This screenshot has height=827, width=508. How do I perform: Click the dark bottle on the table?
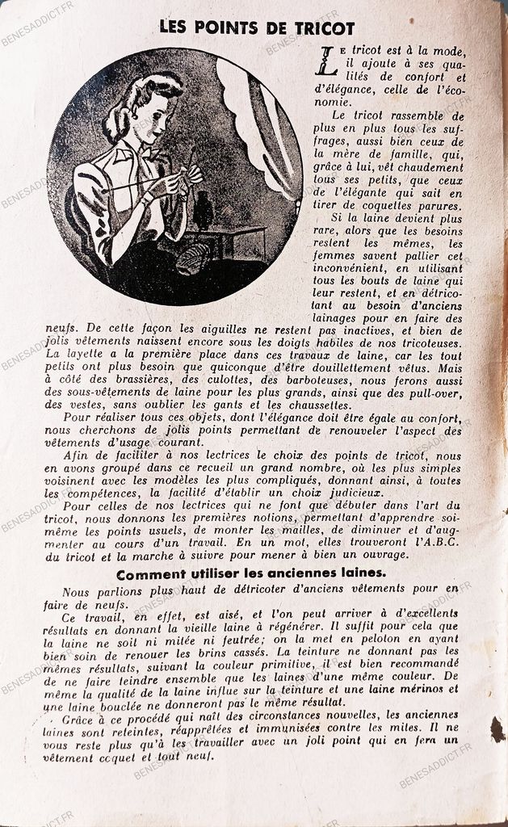(204, 211)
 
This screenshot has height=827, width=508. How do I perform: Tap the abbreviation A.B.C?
(435, 543)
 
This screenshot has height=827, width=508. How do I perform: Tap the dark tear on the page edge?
(498, 729)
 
